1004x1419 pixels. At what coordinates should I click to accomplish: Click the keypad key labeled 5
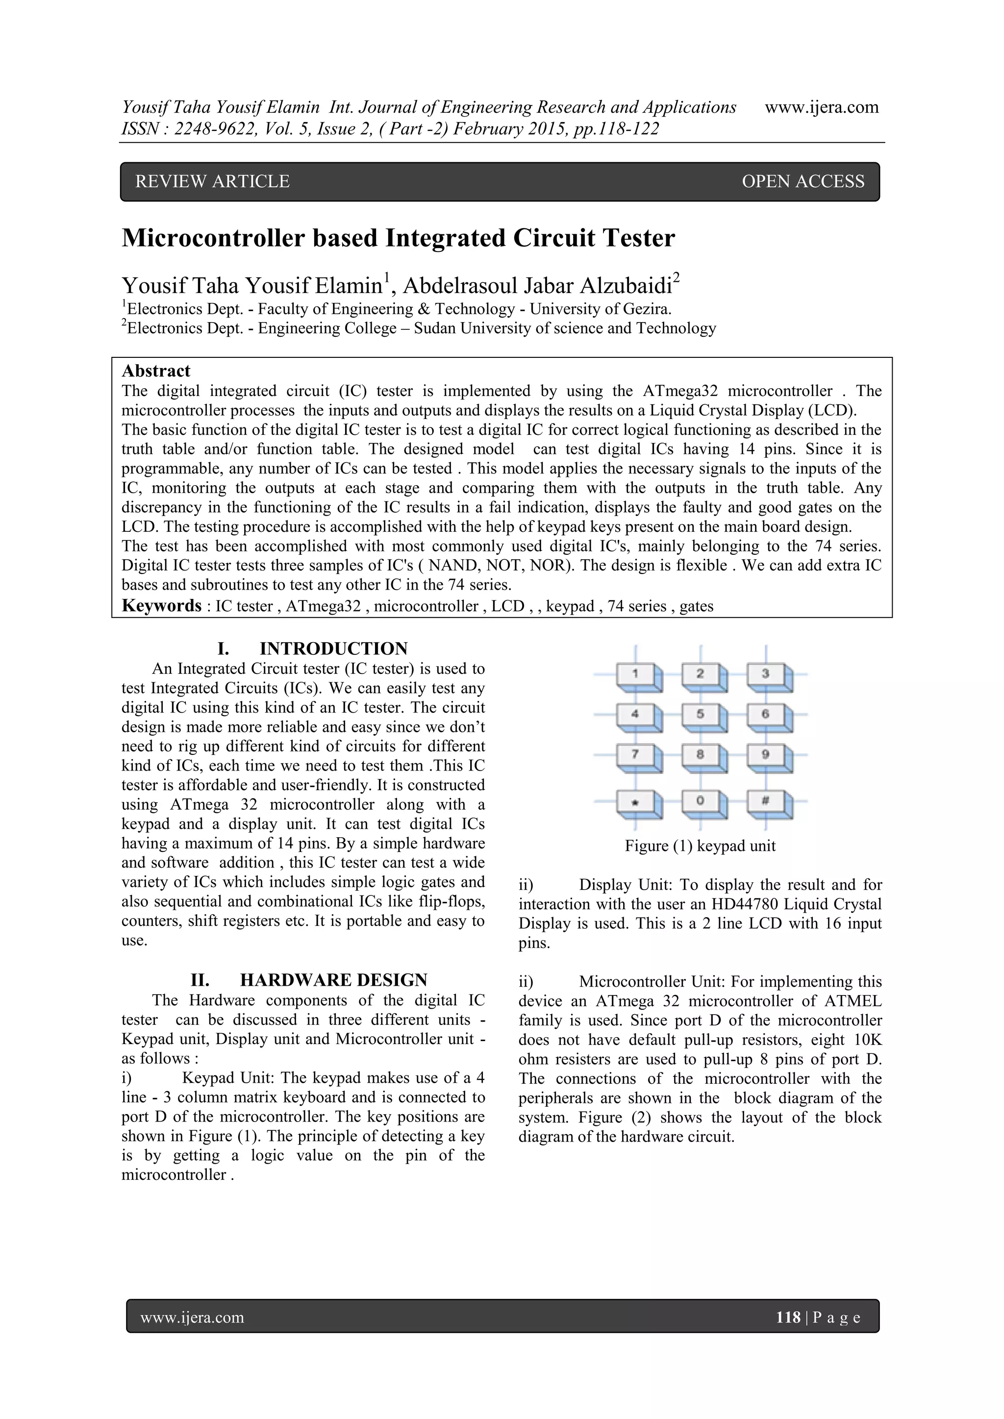701,715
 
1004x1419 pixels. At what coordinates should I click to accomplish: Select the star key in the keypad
635,801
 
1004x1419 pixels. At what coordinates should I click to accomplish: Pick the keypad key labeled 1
635,674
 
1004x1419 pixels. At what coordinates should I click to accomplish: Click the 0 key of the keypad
701,801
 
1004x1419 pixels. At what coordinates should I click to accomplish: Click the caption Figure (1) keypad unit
700,846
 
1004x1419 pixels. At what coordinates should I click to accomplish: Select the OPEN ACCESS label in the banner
803,182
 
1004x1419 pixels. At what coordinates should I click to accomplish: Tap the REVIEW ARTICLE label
212,182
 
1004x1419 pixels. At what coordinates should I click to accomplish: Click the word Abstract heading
156,371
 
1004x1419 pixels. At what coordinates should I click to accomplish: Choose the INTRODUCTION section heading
333,649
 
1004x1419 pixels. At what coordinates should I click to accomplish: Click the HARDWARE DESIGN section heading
333,980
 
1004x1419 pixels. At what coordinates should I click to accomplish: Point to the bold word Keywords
161,606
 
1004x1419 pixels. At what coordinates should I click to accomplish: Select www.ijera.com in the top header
822,107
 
